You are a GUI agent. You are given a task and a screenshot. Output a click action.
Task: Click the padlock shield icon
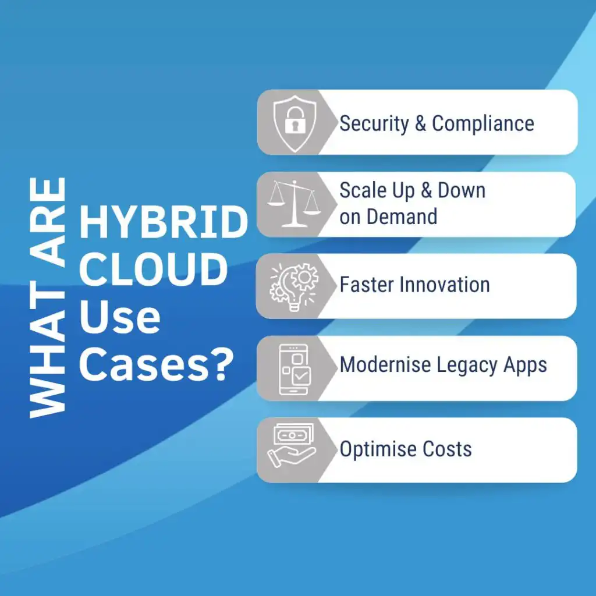295,123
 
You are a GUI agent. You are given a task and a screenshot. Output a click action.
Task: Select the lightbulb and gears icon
293,286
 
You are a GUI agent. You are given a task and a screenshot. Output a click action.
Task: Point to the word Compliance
483,123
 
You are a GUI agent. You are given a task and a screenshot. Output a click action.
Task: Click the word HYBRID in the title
164,223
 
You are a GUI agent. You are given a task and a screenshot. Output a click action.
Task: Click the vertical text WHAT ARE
48,297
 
